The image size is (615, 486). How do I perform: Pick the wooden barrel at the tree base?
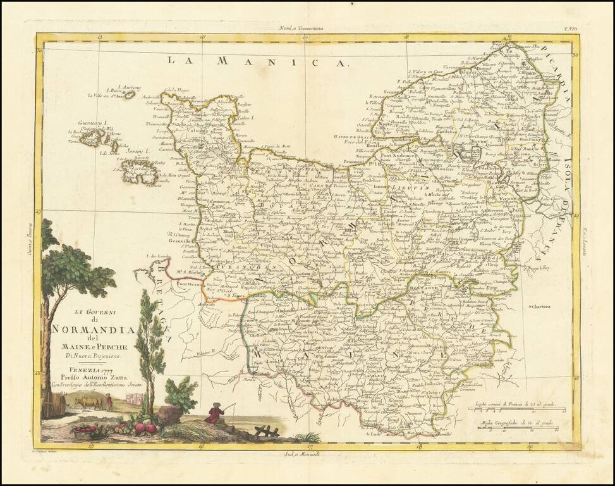[x=53, y=404]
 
